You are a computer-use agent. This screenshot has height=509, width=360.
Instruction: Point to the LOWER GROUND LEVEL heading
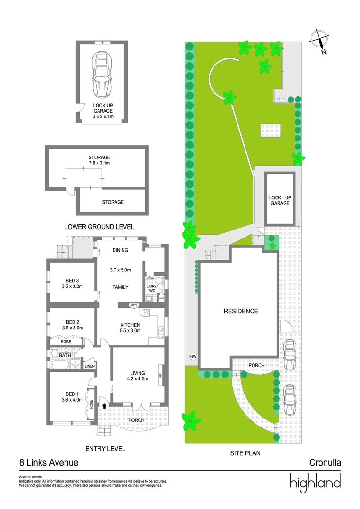[99, 227]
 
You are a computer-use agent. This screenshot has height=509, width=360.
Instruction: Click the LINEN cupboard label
[90, 366]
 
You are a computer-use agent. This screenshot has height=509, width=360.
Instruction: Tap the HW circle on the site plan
[193, 356]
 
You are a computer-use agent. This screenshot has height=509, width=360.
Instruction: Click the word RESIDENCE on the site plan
[241, 311]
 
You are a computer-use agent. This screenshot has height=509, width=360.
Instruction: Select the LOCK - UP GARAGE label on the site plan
[279, 200]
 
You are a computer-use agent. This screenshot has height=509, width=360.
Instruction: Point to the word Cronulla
[325, 463]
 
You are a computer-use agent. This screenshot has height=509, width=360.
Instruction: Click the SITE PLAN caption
[245, 453]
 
